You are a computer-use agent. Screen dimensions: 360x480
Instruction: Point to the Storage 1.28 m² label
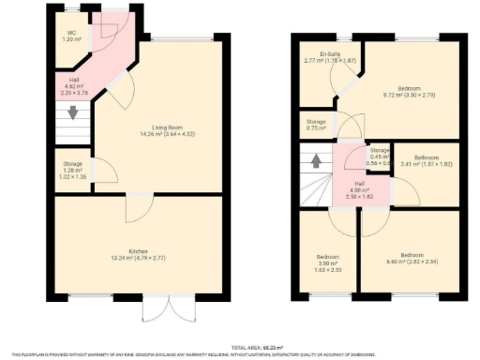tap(71, 166)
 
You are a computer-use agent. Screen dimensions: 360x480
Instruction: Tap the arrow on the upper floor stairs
tap(316, 159)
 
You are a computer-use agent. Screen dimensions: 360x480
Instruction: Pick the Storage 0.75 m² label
tap(317, 124)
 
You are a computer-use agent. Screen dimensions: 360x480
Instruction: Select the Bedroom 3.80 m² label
tap(327, 260)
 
